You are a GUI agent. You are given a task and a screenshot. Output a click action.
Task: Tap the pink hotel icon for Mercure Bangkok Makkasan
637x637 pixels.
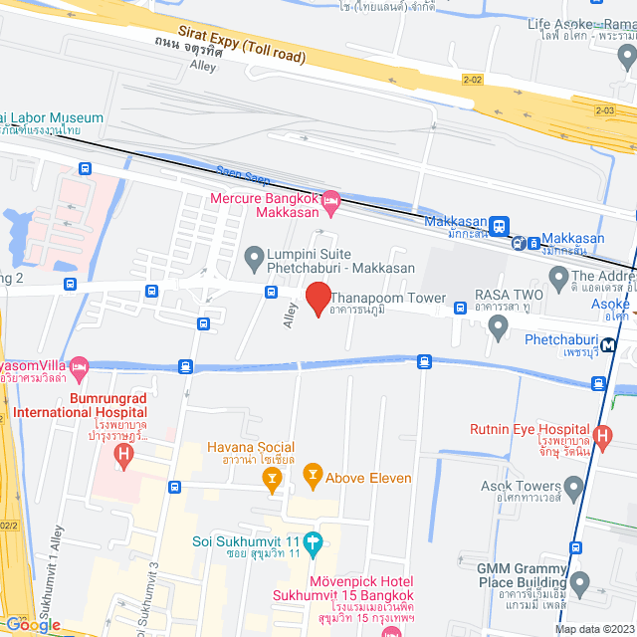(x=331, y=201)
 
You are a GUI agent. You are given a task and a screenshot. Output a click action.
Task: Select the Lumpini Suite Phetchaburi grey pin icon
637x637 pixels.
(x=254, y=257)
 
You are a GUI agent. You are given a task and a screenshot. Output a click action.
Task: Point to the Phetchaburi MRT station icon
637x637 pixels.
(x=606, y=345)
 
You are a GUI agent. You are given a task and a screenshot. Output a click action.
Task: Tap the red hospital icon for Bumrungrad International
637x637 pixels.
(x=123, y=456)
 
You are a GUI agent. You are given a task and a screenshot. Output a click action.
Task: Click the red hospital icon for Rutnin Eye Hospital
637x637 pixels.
(x=601, y=434)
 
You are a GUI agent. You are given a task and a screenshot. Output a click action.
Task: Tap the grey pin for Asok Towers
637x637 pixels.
(x=572, y=489)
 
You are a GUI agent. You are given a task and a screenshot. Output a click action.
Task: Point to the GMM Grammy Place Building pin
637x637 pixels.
(x=580, y=579)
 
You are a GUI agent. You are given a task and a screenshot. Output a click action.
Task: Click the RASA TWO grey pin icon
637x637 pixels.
(x=499, y=326)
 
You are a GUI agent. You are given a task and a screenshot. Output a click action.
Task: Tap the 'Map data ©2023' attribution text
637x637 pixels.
(x=594, y=629)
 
